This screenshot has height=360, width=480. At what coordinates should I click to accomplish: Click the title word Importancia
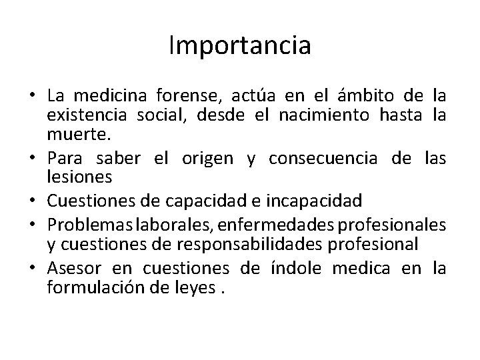tap(239, 46)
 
